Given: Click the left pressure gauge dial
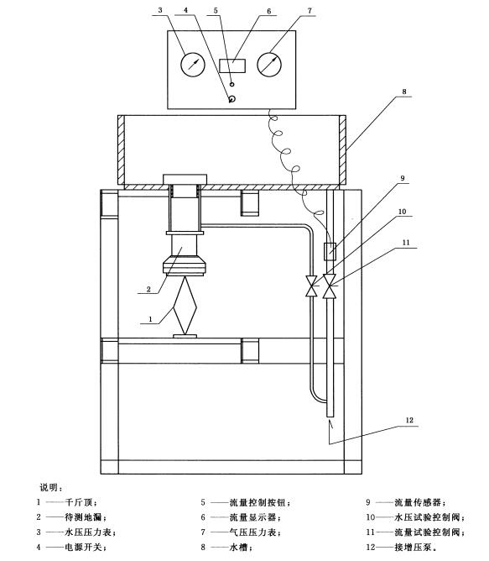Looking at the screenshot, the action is pyautogui.click(x=193, y=65).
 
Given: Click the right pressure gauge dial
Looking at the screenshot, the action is pyautogui.click(x=269, y=65).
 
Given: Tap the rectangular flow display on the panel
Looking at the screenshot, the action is pyautogui.click(x=232, y=66).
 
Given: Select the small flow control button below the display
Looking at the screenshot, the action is pyautogui.click(x=232, y=84).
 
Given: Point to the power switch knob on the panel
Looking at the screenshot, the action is pyautogui.click(x=232, y=99).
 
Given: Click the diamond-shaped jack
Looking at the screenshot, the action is pyautogui.click(x=185, y=306).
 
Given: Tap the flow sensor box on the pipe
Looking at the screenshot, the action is pyautogui.click(x=330, y=251).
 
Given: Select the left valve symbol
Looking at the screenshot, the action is pyautogui.click(x=312, y=286).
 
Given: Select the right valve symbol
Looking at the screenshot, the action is pyautogui.click(x=330, y=286).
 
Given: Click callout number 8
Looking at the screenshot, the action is pyautogui.click(x=404, y=92).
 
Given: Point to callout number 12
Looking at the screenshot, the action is pyautogui.click(x=409, y=421).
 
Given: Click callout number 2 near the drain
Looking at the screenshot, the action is pyautogui.click(x=148, y=290).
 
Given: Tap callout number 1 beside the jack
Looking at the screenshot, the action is pyautogui.click(x=150, y=319).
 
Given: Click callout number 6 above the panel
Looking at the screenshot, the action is pyautogui.click(x=269, y=12).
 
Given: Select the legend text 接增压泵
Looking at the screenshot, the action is pyautogui.click(x=413, y=547).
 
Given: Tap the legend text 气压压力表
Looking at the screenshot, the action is pyautogui.click(x=252, y=532).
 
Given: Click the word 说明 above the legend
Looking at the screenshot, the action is pyautogui.click(x=49, y=487).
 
